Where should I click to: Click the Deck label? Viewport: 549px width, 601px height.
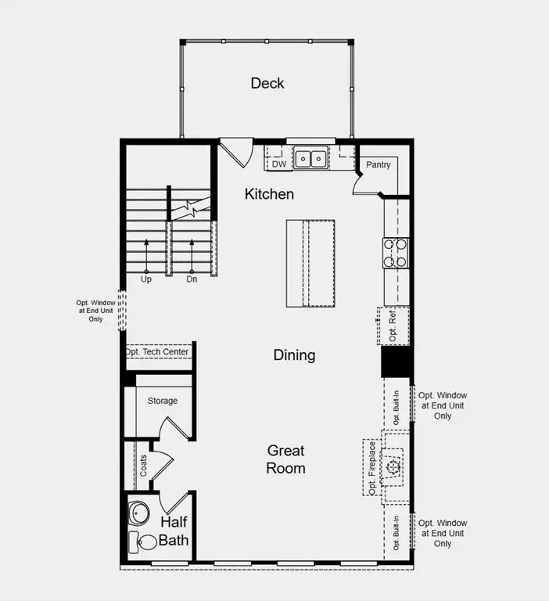(267, 83)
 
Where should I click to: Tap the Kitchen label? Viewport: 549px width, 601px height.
(269, 194)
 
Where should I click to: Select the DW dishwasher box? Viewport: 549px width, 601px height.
(279, 164)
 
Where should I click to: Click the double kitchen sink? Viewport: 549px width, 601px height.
(310, 159)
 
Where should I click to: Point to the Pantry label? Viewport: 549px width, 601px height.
(379, 165)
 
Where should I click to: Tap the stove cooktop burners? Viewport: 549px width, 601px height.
(395, 252)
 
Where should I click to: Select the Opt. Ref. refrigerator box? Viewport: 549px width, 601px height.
(393, 326)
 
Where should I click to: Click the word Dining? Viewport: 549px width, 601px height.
(294, 355)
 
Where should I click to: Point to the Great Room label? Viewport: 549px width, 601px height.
(286, 459)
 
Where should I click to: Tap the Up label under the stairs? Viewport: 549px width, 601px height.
(146, 279)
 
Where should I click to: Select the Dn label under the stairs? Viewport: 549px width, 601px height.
(192, 279)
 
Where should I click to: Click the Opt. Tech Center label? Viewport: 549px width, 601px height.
(157, 352)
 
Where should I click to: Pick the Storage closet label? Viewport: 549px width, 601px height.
(163, 401)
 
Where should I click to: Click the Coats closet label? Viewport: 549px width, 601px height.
(143, 467)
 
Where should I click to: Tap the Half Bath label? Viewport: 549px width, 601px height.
(174, 531)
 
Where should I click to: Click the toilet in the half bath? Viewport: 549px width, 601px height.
(145, 541)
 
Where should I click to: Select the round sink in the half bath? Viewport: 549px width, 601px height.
(138, 513)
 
